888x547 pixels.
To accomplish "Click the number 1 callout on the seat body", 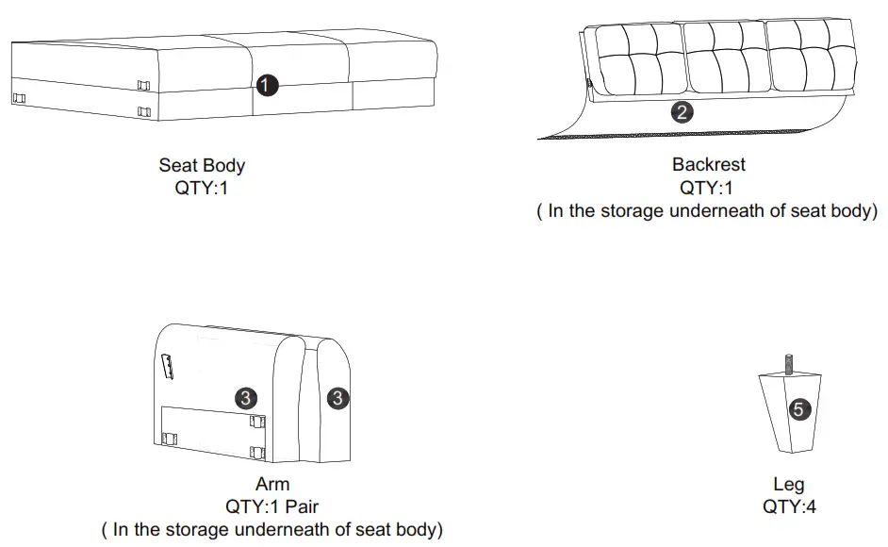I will point(268,85).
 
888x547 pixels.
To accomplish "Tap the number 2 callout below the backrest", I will point(682,112).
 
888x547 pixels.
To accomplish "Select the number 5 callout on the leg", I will point(798,409).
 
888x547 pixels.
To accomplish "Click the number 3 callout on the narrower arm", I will point(337,399).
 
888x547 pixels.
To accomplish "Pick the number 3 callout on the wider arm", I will point(245,398).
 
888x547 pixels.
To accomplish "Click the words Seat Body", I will point(202,166).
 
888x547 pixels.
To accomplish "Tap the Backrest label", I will point(708,164).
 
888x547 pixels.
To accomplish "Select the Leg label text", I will point(788,485).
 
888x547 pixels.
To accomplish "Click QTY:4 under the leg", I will point(789,507).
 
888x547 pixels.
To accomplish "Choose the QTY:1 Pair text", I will point(271,507).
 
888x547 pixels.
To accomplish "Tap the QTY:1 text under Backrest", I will point(708,187).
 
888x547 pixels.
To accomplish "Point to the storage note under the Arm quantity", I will point(271,530).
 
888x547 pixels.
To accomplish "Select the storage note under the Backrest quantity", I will point(708,210).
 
